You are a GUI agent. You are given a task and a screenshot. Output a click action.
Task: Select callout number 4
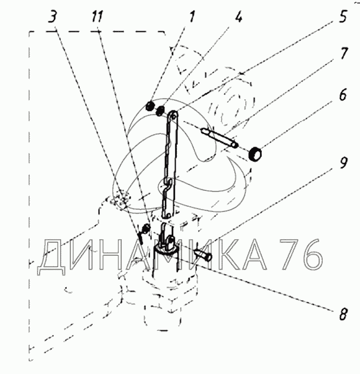pyautogui.click(x=239, y=17)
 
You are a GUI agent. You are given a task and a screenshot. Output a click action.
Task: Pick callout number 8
pyautogui.click(x=342, y=314)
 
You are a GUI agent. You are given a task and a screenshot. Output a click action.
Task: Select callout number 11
pyautogui.click(x=98, y=17)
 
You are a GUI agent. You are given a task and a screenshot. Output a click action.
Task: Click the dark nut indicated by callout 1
pyautogui.click(x=151, y=107)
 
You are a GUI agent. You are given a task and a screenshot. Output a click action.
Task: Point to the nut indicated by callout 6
pyautogui.click(x=256, y=155)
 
